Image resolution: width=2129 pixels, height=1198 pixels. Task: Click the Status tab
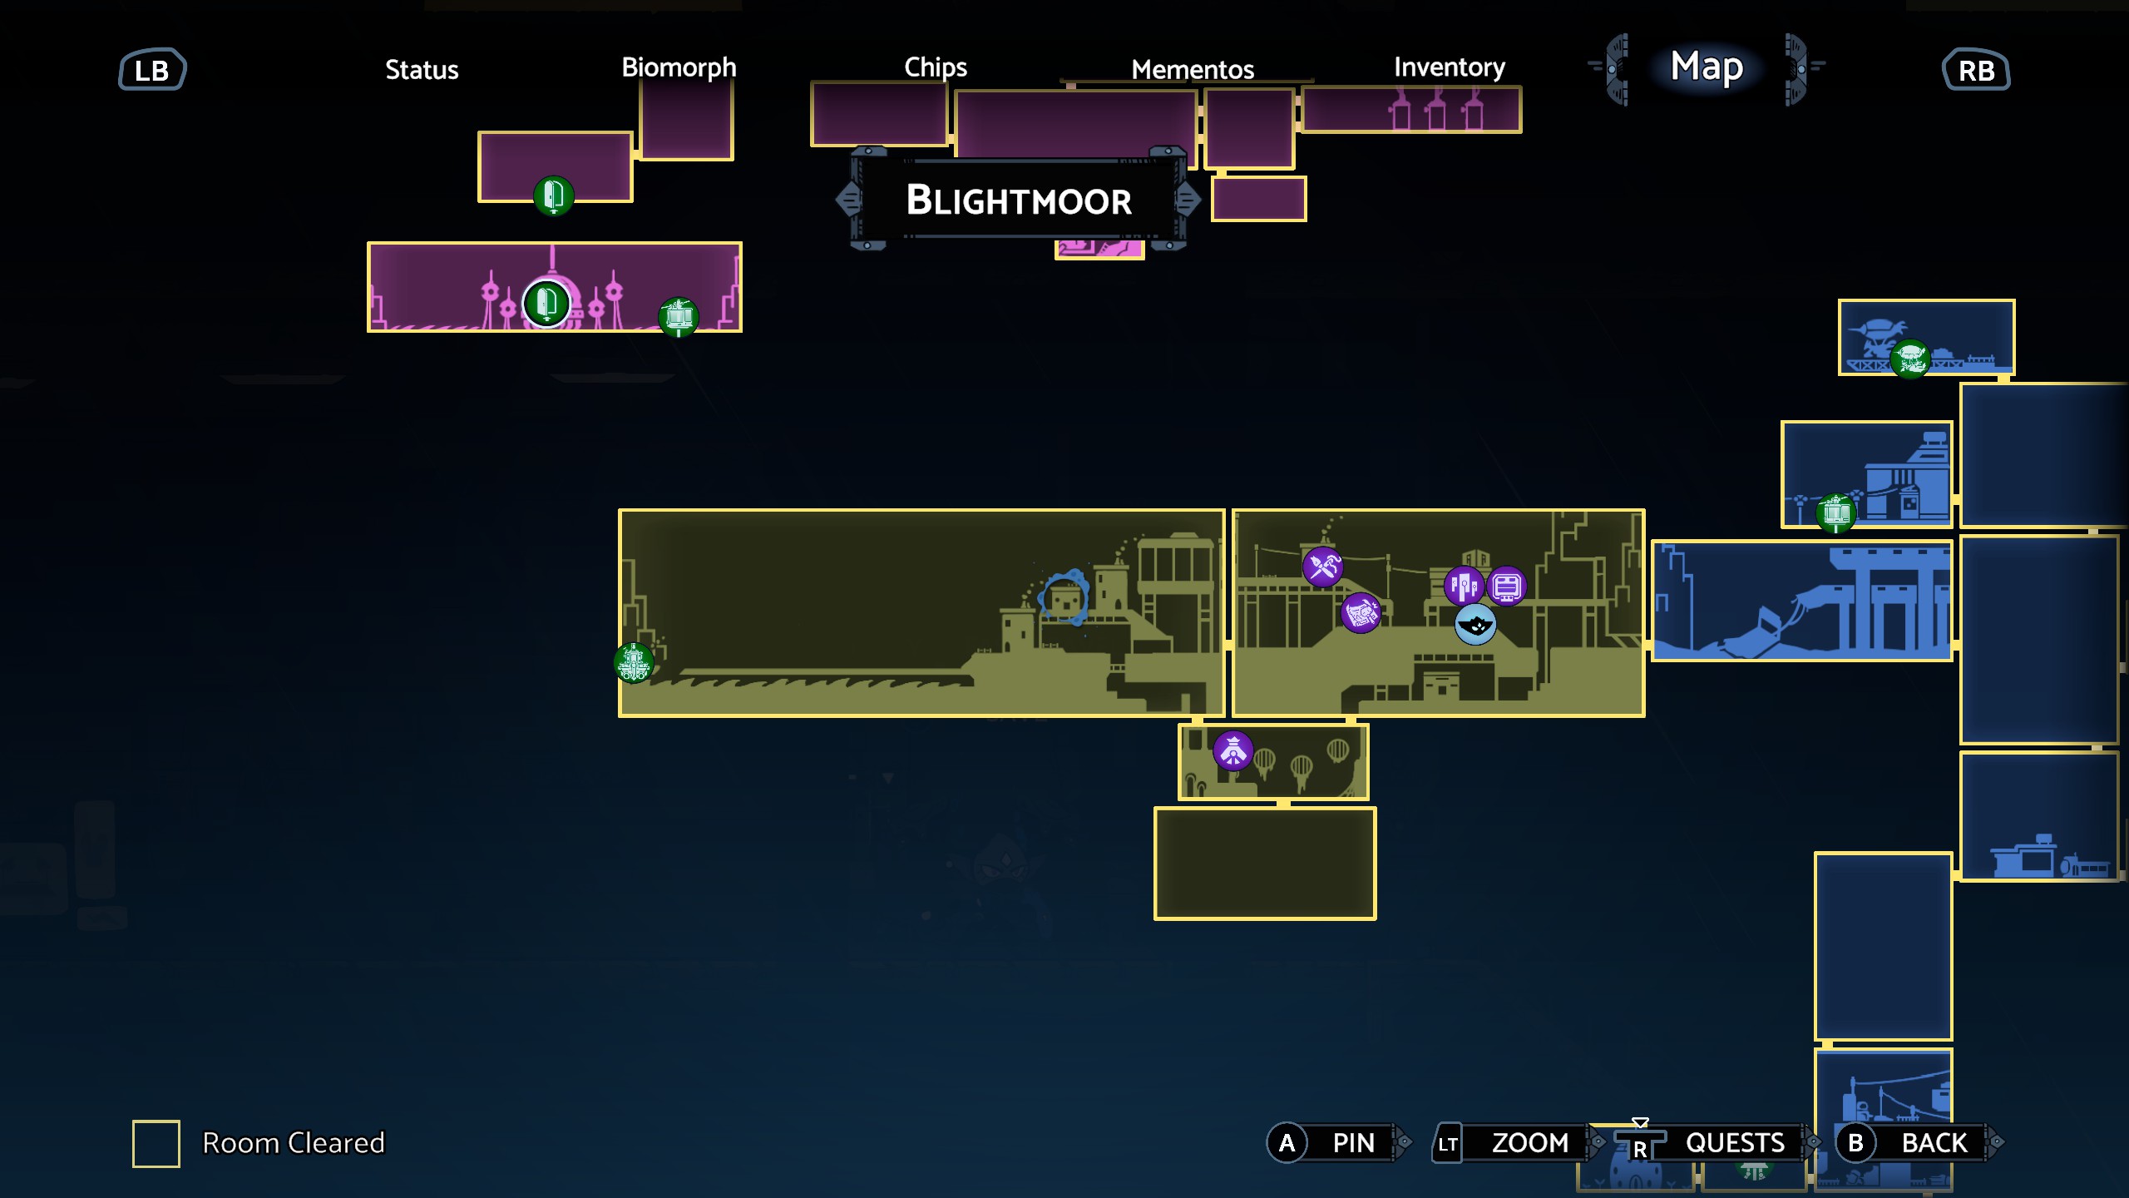coord(422,70)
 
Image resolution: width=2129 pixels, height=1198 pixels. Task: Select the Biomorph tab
coord(679,67)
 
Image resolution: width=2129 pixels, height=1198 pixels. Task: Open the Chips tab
coord(936,67)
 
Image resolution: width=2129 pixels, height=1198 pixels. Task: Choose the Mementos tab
coord(1193,70)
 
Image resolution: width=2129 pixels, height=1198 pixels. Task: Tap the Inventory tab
coord(1450,67)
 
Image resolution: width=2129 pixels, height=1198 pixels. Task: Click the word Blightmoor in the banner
coord(1019,200)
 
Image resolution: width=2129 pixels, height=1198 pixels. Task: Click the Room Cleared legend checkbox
coord(156,1143)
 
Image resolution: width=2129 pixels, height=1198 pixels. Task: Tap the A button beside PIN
coord(1287,1143)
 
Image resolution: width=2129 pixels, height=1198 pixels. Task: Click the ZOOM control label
coord(1529,1143)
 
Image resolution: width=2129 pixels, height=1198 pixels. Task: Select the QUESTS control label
coord(1735,1143)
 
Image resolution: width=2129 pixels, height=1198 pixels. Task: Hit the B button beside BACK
coord(1855,1143)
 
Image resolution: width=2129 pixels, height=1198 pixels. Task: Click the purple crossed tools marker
coord(1322,567)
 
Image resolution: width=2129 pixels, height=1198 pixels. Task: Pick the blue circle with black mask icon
coord(1475,625)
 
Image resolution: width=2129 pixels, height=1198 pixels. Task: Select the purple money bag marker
coord(1361,613)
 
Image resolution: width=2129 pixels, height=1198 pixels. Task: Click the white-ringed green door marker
coord(546,303)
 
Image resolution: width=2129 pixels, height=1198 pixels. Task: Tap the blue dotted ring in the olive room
coord(1064,597)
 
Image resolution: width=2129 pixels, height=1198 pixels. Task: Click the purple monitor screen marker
coord(1506,587)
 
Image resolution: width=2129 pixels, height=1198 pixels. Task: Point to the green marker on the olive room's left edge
coord(634,663)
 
